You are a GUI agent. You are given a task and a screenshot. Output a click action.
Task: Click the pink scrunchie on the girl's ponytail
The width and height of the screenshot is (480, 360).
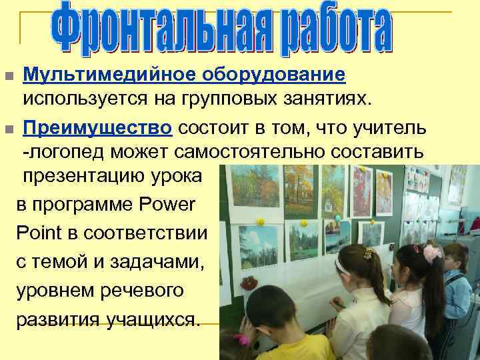[x=432, y=253]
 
